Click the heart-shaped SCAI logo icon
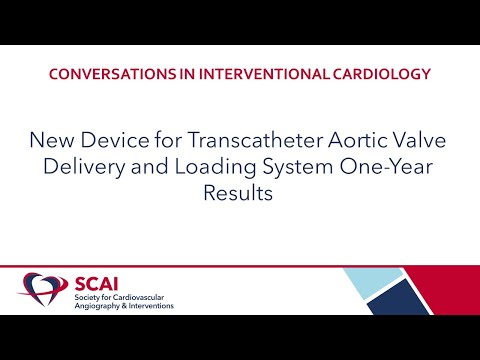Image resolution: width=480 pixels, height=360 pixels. [x=42, y=290]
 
